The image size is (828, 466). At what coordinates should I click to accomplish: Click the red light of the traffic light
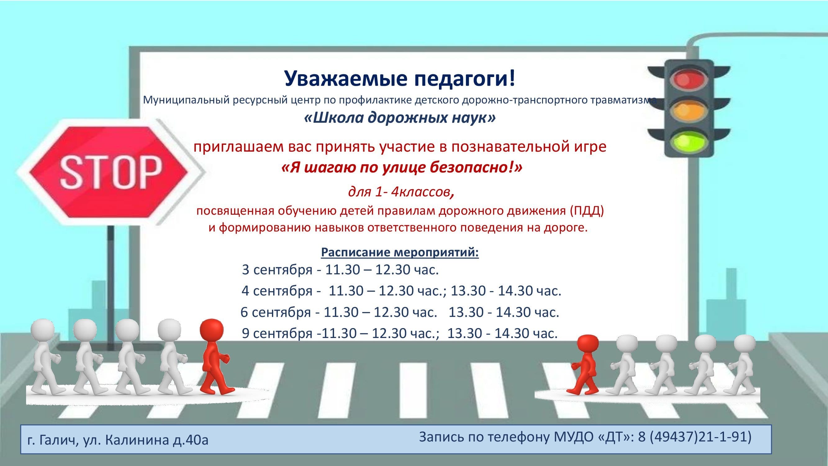coord(689,80)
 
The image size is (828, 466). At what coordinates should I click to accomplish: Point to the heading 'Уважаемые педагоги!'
coord(400,79)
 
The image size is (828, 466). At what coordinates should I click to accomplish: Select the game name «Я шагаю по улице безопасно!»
coord(402,168)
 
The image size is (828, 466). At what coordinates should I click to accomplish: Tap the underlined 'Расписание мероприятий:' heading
coord(400,253)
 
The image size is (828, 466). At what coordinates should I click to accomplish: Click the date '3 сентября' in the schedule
coord(277,270)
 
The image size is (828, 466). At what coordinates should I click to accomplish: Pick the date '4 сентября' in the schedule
coord(277,291)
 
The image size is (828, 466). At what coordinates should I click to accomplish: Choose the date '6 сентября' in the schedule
coord(276,312)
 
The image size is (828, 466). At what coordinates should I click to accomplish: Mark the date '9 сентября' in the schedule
coord(277,333)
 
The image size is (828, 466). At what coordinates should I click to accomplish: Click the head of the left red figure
coord(211,331)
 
